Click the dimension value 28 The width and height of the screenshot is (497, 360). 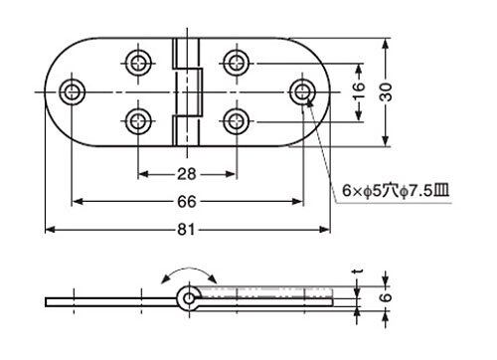(187, 174)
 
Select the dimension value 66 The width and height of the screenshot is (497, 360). (187, 202)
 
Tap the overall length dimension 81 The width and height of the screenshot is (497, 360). (186, 230)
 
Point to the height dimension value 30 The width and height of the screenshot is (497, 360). (386, 91)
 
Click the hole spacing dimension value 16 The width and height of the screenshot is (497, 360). (358, 91)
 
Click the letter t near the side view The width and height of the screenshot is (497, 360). (358, 271)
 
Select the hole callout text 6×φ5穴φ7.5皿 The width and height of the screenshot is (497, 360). (396, 191)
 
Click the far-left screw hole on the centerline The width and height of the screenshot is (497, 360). (72, 91)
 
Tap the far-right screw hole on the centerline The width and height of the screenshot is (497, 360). (302, 91)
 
